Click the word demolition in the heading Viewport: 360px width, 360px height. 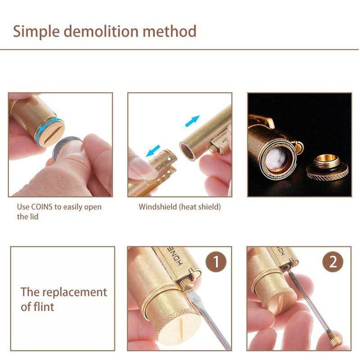[101, 31]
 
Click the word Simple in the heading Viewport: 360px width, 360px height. [36, 32]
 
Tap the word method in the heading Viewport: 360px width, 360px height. [170, 31]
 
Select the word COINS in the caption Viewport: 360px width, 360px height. [42, 207]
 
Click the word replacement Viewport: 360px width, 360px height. [75, 293]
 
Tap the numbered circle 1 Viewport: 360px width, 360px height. [216, 262]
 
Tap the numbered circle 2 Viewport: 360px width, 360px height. [333, 262]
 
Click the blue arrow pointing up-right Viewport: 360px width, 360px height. [193, 121]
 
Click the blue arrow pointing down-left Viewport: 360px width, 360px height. [153, 151]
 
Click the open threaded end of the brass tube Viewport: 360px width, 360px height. [187, 152]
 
